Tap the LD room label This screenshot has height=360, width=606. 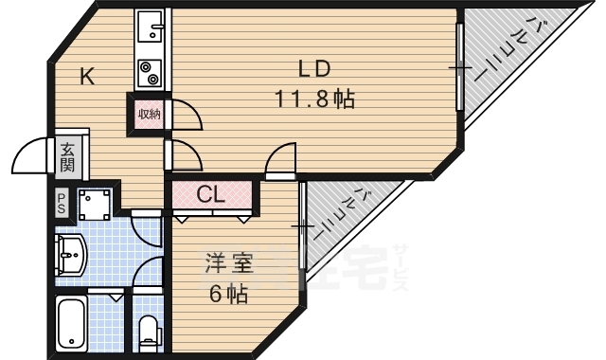[313, 69]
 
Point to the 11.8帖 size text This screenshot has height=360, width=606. [315, 98]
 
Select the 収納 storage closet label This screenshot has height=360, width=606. [150, 115]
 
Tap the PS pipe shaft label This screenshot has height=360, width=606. [62, 201]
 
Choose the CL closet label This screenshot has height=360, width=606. [210, 195]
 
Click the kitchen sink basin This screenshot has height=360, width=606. [150, 30]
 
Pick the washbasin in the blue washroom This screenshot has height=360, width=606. [72, 253]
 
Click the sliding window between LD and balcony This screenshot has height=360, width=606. [459, 71]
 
